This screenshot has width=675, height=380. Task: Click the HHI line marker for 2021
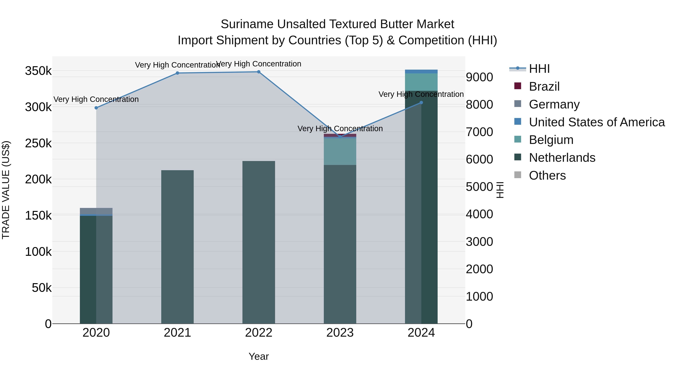177,73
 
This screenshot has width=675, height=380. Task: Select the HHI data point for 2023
340,137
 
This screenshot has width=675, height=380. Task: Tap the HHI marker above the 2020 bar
96,108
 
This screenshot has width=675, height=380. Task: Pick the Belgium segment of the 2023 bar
340,151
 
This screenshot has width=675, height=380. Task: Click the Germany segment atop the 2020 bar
96,211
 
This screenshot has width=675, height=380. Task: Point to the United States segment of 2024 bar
421,71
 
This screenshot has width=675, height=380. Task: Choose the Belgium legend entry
551,140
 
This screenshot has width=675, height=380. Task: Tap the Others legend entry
547,175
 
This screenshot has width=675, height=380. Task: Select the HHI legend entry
539,69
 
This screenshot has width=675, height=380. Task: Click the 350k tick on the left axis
38,71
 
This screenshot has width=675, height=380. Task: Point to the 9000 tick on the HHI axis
479,77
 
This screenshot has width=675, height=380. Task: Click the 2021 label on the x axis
177,333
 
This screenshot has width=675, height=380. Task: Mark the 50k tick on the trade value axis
42,288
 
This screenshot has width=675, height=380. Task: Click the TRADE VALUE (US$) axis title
6,190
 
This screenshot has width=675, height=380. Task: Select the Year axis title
259,356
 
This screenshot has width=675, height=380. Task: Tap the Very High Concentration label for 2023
340,129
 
